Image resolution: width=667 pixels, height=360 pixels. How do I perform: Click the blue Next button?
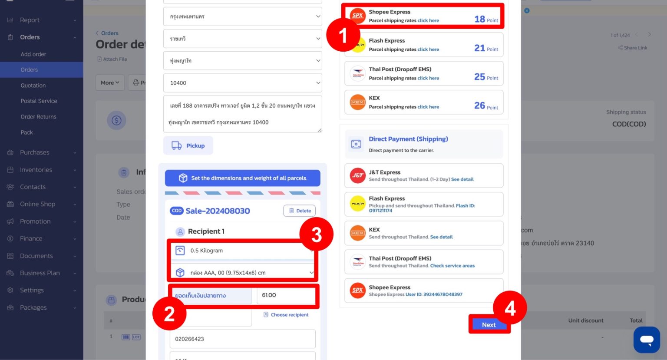click(x=489, y=325)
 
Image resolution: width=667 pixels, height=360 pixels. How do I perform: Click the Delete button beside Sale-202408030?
click(x=300, y=211)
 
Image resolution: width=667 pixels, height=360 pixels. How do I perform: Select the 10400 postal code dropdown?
click(x=242, y=83)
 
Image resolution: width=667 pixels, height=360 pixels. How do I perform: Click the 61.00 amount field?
click(x=286, y=295)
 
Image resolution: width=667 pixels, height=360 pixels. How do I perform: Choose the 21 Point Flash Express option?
click(x=423, y=45)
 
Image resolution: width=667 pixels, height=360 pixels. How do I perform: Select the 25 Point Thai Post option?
click(x=423, y=73)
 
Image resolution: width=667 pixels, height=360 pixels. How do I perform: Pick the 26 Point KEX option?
click(x=423, y=102)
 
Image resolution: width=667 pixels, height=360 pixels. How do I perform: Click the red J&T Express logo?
click(x=357, y=175)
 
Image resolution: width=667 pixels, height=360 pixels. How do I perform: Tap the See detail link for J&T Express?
click(x=462, y=179)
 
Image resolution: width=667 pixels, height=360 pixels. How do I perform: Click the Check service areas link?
click(x=452, y=266)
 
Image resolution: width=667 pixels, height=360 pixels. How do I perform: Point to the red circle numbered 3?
click(x=317, y=234)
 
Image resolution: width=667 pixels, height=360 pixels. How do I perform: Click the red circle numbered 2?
click(x=169, y=314)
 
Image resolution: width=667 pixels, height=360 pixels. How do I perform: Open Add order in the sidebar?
click(x=33, y=54)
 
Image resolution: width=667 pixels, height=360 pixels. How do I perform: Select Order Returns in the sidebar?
click(x=38, y=117)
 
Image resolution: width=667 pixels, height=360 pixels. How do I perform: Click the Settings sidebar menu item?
click(x=32, y=290)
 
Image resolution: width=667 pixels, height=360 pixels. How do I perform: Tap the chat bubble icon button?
click(x=646, y=340)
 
